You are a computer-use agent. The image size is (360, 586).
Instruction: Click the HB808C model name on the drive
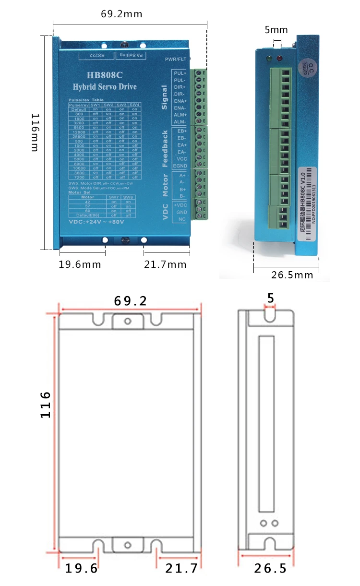click(x=104, y=75)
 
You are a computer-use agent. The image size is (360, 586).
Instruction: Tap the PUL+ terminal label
click(x=180, y=73)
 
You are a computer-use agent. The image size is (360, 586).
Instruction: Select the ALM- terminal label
click(x=180, y=122)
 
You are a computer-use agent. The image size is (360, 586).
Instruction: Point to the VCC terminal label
click(x=182, y=159)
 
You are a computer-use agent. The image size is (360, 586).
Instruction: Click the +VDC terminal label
click(x=181, y=204)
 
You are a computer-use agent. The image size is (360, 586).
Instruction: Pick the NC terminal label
click(x=182, y=219)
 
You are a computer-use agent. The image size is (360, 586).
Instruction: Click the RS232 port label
click(x=96, y=56)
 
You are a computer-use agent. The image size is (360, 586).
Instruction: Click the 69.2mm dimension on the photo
click(x=121, y=14)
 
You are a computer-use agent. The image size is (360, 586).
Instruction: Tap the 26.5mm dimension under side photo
click(x=292, y=275)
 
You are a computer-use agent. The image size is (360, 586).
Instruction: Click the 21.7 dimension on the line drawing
click(x=181, y=569)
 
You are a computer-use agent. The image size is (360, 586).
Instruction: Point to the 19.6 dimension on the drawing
click(x=81, y=569)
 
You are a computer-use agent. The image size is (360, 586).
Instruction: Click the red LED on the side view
click(x=279, y=60)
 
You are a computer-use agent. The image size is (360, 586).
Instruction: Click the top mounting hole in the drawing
click(x=127, y=321)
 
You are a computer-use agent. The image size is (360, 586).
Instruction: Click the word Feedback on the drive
click(x=165, y=148)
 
